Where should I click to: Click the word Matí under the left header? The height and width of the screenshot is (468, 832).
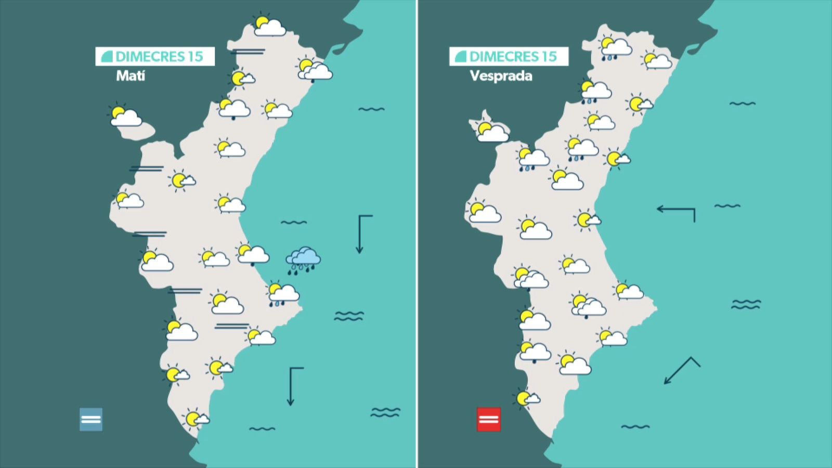pos(131,76)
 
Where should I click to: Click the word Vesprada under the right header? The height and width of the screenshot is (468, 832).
pos(501,76)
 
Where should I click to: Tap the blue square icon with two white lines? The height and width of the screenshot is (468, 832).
pos(91,419)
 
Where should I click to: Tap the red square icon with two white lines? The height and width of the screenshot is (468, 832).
pos(489,419)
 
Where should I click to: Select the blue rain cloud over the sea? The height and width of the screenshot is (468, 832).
pos(303,260)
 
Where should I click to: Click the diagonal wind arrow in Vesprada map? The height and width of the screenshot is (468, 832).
pos(681,370)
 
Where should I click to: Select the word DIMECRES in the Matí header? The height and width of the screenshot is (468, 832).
pos(151,56)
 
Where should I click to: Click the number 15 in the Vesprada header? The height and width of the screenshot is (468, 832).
pos(549,56)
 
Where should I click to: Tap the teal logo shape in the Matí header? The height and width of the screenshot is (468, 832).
pos(107,56)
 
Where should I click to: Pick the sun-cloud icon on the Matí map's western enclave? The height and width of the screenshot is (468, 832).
pos(125,115)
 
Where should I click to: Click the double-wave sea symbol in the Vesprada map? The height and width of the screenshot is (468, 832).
pos(746,304)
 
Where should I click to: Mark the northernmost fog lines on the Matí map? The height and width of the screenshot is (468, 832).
pos(248,51)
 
